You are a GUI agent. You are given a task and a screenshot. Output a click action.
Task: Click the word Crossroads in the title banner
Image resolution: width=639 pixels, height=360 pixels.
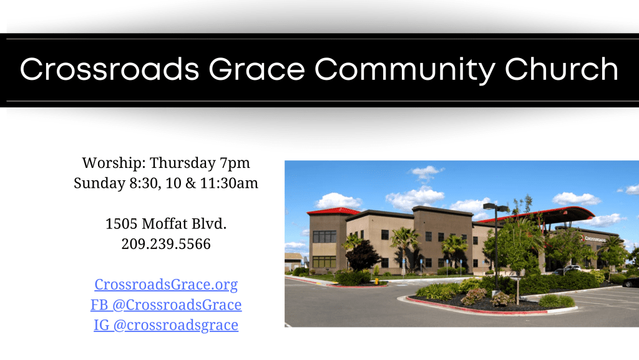tap(110, 69)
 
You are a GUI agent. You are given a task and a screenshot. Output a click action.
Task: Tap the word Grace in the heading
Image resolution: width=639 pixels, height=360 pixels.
tap(256, 69)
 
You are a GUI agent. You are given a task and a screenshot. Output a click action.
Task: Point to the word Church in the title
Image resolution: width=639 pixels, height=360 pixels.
tap(562, 69)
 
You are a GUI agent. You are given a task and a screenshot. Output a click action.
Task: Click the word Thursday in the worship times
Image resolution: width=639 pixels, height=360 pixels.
tap(183, 163)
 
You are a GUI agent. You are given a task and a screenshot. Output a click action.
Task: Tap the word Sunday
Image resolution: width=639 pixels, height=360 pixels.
tap(99, 183)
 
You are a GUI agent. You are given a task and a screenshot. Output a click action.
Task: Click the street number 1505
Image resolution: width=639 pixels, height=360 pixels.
tap(122, 223)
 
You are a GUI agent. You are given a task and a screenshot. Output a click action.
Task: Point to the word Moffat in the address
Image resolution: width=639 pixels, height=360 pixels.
tap(165, 223)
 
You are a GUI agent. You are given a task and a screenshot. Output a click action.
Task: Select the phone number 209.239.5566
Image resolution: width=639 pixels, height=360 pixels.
tap(166, 244)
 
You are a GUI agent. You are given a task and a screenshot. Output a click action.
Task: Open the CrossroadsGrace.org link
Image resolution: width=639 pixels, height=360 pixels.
tap(166, 285)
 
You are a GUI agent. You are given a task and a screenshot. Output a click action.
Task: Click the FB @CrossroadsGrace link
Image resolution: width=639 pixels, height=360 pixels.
tap(166, 304)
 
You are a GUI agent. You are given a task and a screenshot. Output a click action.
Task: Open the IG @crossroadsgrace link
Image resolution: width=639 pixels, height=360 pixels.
tap(166, 326)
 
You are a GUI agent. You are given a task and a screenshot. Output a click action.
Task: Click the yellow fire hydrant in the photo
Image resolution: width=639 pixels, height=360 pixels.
tap(376, 281)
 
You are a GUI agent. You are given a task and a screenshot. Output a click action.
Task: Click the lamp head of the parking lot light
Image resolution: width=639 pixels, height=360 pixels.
tap(495, 207)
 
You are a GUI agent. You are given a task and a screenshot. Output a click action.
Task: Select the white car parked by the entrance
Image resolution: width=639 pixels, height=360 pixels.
tap(572, 268)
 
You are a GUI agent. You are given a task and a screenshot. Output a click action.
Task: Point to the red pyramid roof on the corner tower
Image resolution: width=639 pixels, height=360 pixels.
tap(333, 211)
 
